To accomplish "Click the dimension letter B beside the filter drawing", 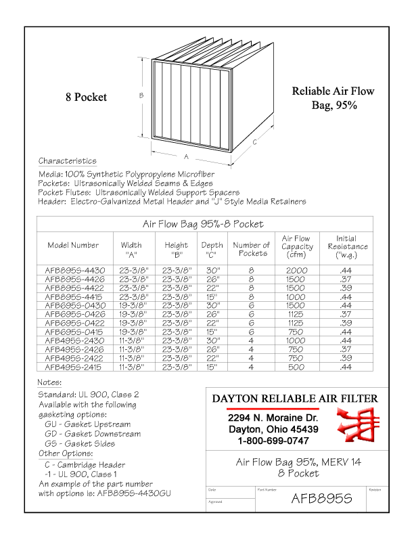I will pyautogui.click(x=141, y=95).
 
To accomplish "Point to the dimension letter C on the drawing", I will pyautogui.click(x=254, y=142).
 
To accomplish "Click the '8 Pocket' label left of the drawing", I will pyautogui.click(x=86, y=97).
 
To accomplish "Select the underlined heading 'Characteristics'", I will pyautogui.click(x=67, y=161).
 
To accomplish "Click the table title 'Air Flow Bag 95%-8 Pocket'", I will pyautogui.click(x=202, y=223).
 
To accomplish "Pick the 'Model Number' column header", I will pyautogui.click(x=73, y=245).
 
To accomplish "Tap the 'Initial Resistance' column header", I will pyautogui.click(x=346, y=247).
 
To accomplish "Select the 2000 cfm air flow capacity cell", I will pyautogui.click(x=296, y=270).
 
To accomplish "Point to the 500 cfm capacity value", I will pyautogui.click(x=296, y=367).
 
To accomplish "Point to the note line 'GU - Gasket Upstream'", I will pyautogui.click(x=88, y=424).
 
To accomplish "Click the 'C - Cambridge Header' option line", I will pyautogui.click(x=85, y=465).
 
